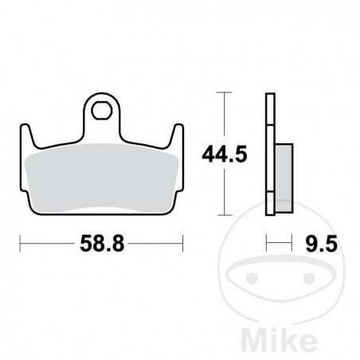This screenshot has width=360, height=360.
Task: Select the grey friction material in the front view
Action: pyautogui.click(x=102, y=178)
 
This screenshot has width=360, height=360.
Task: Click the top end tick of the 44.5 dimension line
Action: pyautogui.click(x=227, y=95)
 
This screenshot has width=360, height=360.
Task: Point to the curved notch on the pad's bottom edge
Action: pyautogui.click(x=103, y=209)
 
